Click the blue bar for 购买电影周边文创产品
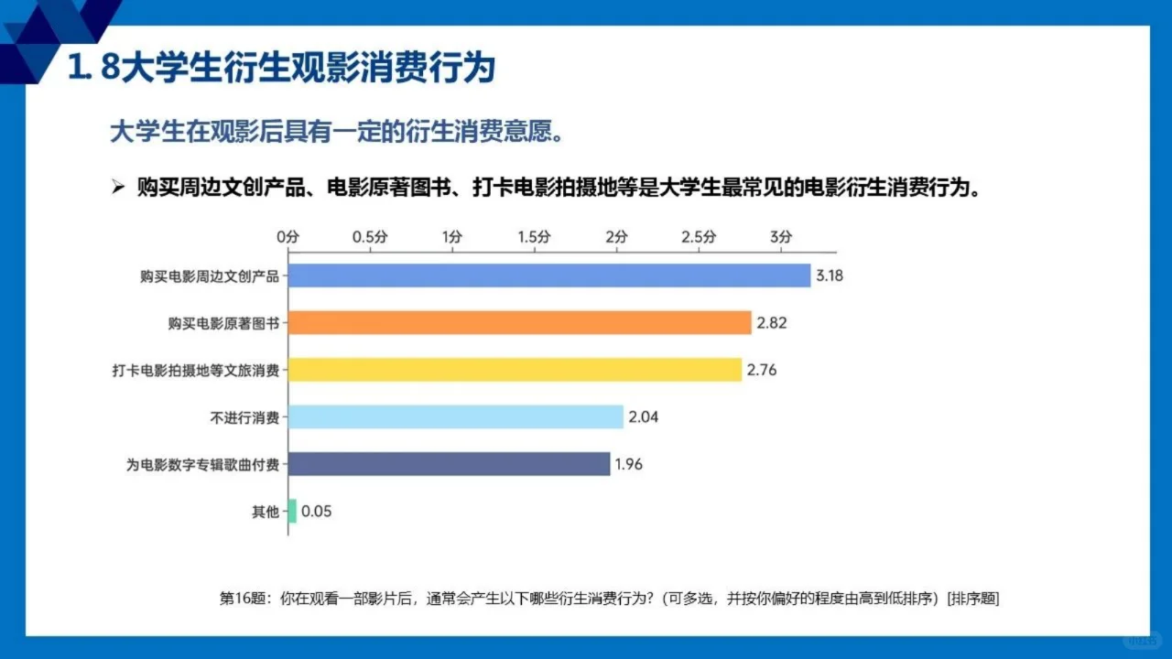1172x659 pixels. coord(549,275)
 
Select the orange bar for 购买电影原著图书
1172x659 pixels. coord(520,322)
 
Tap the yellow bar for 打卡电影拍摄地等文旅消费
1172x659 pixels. coord(515,370)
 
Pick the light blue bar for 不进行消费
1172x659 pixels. coord(456,417)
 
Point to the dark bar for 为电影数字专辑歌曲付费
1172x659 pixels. coord(450,464)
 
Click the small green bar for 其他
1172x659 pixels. coord(292,512)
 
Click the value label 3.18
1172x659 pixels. coord(829,275)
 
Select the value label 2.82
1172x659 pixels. coord(772,322)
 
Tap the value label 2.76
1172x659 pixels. coord(762,370)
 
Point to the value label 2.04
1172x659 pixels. coord(644,417)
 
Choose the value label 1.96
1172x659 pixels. coord(629,464)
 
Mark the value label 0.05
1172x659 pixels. coord(316,512)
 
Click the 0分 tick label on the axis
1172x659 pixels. coord(288,236)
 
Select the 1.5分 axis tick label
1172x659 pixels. coord(534,236)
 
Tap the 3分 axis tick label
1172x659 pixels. coord(780,236)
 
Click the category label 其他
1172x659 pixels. coord(266,512)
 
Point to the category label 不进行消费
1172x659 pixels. coord(244,417)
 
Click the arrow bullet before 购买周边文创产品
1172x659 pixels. coord(117,188)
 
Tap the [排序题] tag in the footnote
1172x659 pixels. coord(973,599)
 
